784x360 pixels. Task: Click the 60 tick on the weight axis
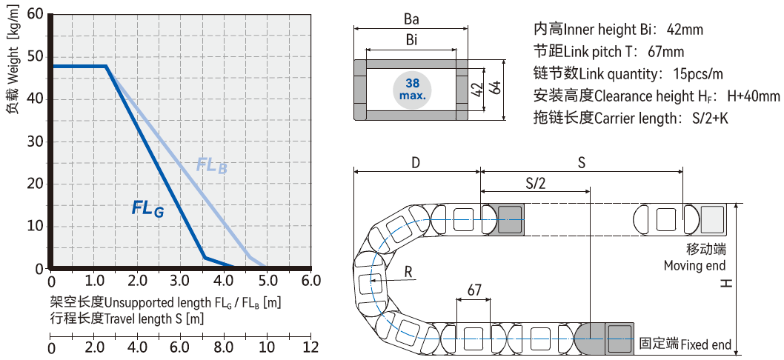(34, 15)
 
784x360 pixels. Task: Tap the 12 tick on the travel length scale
(311, 347)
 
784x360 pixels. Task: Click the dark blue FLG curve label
(147, 209)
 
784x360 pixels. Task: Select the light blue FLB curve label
(211, 165)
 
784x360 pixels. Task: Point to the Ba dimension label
(411, 17)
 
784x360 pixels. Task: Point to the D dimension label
(416, 163)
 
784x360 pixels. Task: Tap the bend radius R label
(408, 272)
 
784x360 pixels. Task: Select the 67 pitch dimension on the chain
(475, 288)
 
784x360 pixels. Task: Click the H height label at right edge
(727, 282)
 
